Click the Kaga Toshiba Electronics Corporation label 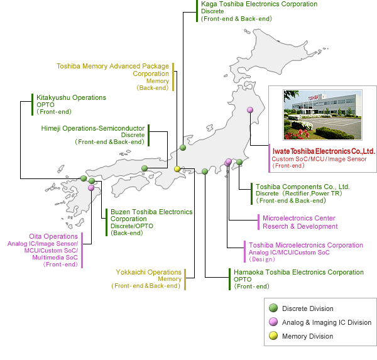(259, 4)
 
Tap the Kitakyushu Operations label (71, 97)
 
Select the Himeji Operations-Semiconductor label (92, 128)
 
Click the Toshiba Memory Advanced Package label (113, 66)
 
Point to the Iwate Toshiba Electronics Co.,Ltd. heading (324, 151)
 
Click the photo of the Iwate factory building (321, 114)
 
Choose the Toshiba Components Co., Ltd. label (302, 187)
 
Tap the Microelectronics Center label (298, 218)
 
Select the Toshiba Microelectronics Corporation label (305, 245)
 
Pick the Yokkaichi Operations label (148, 272)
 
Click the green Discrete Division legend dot (273, 308)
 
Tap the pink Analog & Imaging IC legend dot (273, 322)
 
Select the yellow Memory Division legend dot (273, 336)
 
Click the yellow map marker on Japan (177, 168)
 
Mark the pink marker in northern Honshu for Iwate (249, 110)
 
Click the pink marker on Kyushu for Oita (91, 187)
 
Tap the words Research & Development (300, 226)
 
